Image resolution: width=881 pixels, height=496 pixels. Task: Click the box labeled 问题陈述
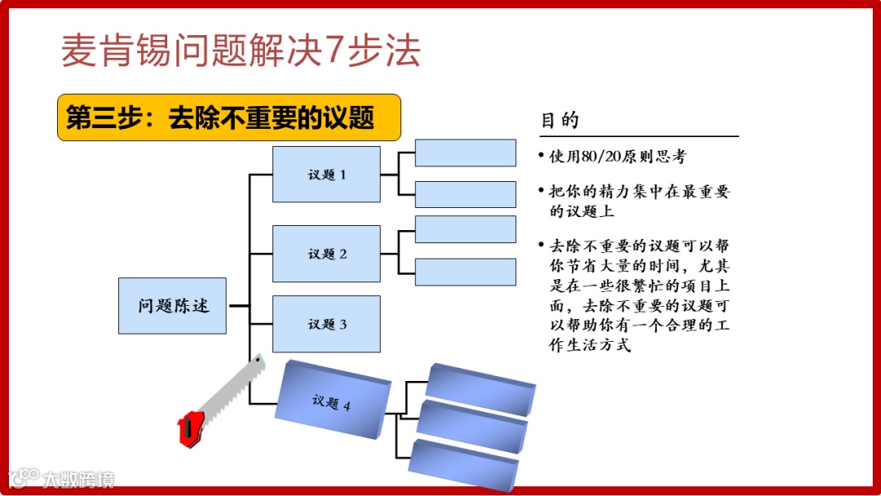tap(172, 306)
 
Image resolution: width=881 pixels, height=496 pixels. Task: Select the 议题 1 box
tap(326, 175)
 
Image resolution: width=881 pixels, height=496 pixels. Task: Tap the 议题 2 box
tap(326, 254)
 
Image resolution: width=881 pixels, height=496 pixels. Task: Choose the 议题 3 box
tap(326, 324)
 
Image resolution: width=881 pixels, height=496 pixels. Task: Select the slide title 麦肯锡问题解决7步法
tap(241, 51)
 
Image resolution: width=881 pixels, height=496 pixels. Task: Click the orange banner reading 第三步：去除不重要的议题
tap(229, 117)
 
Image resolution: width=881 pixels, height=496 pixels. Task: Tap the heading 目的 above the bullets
tap(560, 121)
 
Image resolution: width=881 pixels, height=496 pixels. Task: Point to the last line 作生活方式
tap(590, 346)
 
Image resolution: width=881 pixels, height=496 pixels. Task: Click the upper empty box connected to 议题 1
tap(465, 153)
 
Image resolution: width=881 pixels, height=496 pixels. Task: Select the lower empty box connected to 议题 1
tap(465, 194)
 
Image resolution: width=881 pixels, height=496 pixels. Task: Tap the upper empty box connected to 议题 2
tap(465, 229)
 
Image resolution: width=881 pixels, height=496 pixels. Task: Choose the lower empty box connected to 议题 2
tap(465, 272)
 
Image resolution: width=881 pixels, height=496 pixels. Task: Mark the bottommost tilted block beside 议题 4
tap(462, 465)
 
